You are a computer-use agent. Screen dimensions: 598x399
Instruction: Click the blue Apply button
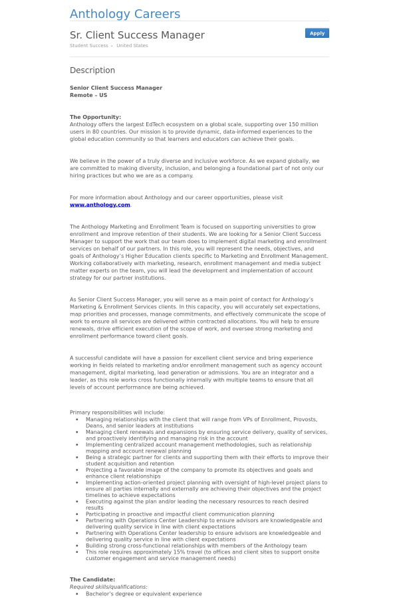[x=317, y=33]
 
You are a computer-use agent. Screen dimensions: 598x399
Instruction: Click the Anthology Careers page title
[x=125, y=14]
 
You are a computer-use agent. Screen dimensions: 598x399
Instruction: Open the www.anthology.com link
[x=100, y=205]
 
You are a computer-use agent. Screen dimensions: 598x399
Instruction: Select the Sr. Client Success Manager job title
[x=137, y=35]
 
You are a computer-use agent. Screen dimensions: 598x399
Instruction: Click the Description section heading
[x=92, y=70]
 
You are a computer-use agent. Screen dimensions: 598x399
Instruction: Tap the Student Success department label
[x=88, y=46]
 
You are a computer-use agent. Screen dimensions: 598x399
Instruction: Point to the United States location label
[x=132, y=46]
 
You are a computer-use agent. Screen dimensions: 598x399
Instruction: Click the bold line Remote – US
[x=88, y=95]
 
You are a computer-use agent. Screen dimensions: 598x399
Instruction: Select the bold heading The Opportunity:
[x=95, y=117]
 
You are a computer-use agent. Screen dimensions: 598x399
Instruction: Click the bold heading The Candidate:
[x=92, y=579]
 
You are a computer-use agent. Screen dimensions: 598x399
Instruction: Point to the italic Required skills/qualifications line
[x=108, y=587]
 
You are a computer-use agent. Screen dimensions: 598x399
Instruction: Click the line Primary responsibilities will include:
[x=117, y=413]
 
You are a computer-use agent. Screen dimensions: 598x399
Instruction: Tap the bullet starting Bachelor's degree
[x=144, y=594]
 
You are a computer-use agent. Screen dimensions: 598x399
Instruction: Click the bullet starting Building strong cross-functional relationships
[x=196, y=546]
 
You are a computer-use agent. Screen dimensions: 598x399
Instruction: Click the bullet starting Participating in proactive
[x=180, y=514]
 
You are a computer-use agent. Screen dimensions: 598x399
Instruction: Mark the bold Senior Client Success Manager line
[x=116, y=88]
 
